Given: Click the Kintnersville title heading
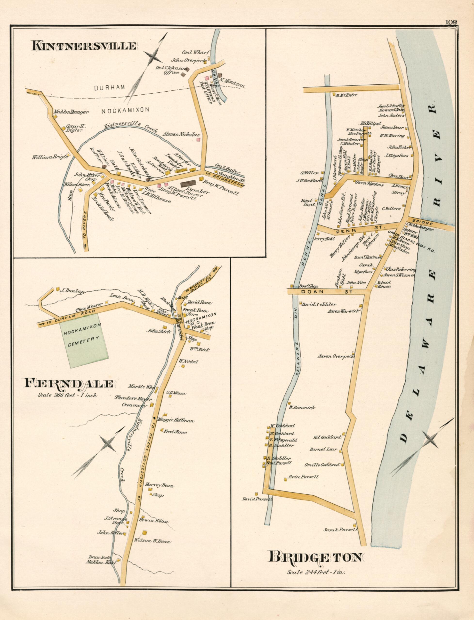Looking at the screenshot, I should point(84,46).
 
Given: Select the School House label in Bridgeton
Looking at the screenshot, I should point(384,284).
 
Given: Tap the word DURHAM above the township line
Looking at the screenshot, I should point(110,88).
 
